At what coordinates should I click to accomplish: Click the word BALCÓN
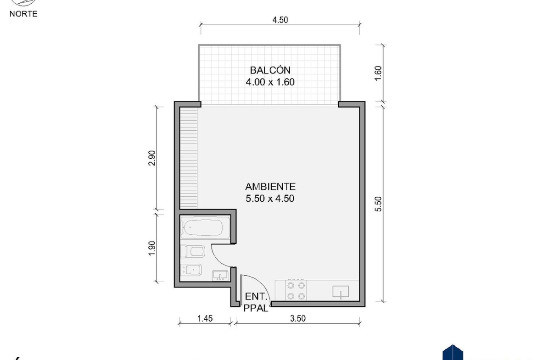coord(270,70)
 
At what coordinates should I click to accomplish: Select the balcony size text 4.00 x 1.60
coord(270,82)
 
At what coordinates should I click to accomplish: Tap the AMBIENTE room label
coord(270,187)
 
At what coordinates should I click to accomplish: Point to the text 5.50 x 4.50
coord(270,199)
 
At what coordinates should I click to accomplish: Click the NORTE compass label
coord(23,14)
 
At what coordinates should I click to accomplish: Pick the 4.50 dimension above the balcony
coord(280,20)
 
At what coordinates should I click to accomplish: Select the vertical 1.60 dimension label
coord(378,73)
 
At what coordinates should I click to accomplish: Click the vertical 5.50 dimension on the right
coord(378,204)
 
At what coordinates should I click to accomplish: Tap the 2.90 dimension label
coord(152,158)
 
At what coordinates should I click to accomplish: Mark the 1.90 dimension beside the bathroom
coord(152,248)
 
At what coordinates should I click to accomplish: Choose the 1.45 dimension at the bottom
coord(205,318)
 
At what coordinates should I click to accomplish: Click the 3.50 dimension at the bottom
coord(297,318)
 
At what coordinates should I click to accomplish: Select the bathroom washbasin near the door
coord(220,276)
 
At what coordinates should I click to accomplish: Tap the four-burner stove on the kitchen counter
coord(296,290)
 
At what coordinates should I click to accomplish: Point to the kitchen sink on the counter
coord(341,292)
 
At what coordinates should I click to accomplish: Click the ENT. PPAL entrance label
coord(256,302)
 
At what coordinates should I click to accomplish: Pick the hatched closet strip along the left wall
coord(189,158)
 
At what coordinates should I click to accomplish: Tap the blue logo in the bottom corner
coord(453,353)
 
